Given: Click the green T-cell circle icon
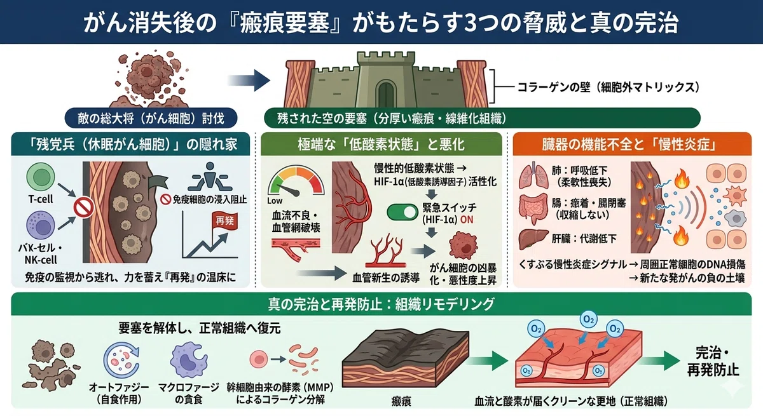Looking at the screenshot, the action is click(x=41, y=177).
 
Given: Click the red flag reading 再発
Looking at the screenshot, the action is click(x=224, y=221).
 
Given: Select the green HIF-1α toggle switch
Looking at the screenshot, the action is click(x=402, y=212).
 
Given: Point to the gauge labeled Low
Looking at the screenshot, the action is click(x=296, y=181).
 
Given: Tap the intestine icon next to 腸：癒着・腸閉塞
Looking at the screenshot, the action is click(x=533, y=209).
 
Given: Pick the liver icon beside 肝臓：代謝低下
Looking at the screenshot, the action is click(x=533, y=239).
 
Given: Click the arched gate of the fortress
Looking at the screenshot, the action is click(x=385, y=93).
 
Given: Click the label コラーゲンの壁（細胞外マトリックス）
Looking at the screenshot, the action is click(x=608, y=88).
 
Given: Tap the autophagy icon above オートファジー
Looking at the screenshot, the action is click(x=121, y=361).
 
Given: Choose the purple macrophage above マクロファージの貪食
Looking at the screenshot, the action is click(x=189, y=361).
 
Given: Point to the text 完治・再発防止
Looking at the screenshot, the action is click(x=713, y=361).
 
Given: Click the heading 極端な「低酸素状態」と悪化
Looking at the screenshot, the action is click(x=381, y=145).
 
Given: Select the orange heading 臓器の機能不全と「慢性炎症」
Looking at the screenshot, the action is click(x=632, y=145).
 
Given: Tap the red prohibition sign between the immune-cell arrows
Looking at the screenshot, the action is click(x=84, y=208).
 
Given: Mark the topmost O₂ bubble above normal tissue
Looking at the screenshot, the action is click(x=589, y=319).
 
